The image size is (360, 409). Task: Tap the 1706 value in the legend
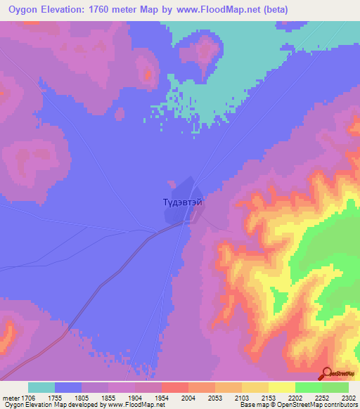click(27, 397)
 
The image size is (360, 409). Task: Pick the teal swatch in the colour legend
click(41, 387)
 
